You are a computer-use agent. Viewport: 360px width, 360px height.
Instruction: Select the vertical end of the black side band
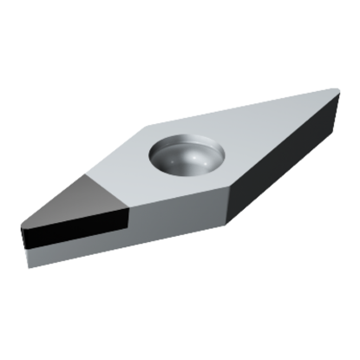coord(128,220)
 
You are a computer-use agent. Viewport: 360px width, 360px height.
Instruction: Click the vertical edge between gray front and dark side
coord(226,205)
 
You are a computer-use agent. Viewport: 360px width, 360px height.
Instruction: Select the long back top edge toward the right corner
coord(243,105)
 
